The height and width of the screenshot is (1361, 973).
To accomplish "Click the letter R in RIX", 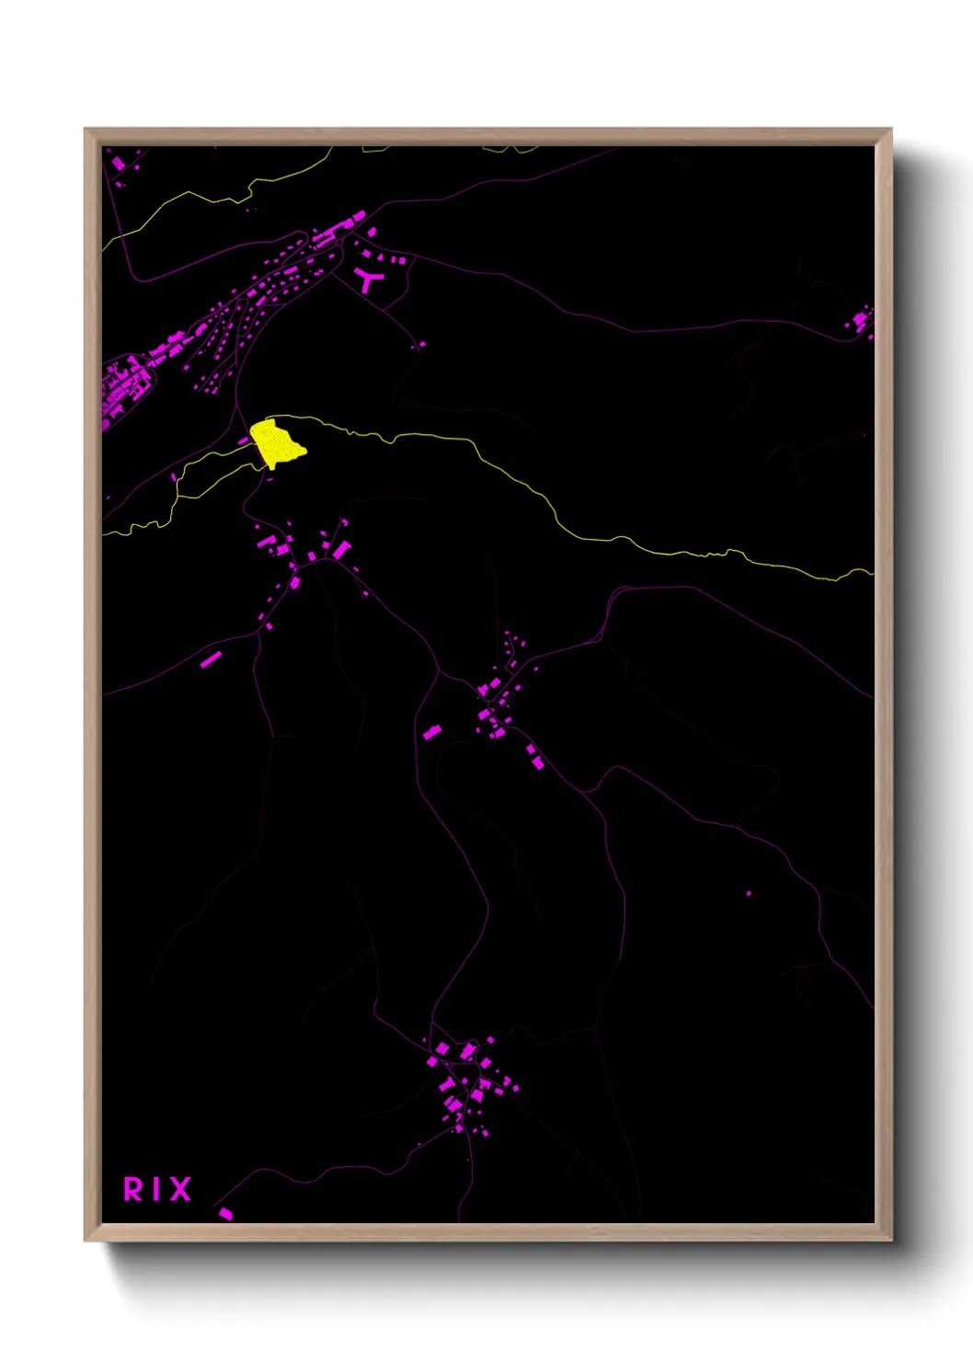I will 133,1189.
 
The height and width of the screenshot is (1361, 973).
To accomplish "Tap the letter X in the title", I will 180,1189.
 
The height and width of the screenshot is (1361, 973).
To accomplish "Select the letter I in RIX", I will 156,1189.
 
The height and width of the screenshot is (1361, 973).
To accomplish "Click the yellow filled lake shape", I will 275,443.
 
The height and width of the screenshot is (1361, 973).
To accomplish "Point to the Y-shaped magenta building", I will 368,279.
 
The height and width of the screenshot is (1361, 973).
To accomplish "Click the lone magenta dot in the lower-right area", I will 749,893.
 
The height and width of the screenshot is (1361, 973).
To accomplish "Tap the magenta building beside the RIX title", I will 225,1214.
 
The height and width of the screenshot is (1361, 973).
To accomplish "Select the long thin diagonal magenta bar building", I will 211,658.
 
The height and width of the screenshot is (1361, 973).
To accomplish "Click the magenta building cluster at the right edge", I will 861,320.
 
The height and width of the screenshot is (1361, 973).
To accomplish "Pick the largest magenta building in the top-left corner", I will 118,164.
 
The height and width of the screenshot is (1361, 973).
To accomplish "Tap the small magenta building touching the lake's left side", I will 244,441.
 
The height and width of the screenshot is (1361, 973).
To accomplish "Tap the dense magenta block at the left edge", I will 117,391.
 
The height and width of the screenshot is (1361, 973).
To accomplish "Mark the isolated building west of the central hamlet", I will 431,732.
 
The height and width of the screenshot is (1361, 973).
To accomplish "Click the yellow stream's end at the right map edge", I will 870,572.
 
